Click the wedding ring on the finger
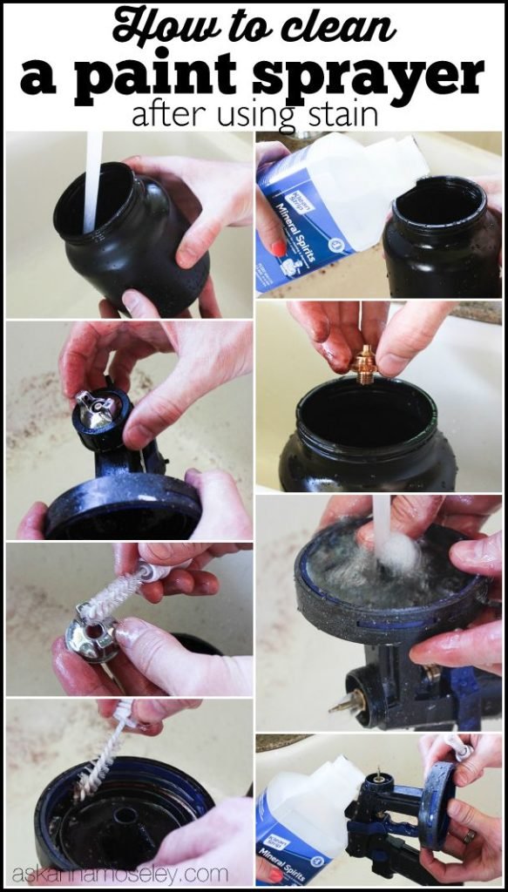coord(469,838)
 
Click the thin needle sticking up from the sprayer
coord(379,774)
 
